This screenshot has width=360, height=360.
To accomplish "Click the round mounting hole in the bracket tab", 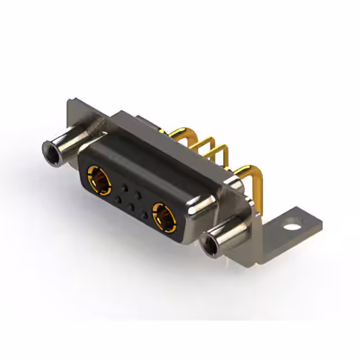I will pyautogui.click(x=291, y=228).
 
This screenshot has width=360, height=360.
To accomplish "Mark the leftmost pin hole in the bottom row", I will pyautogui.click(x=118, y=199).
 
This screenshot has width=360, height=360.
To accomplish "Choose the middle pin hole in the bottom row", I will pyautogui.click(x=132, y=207).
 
